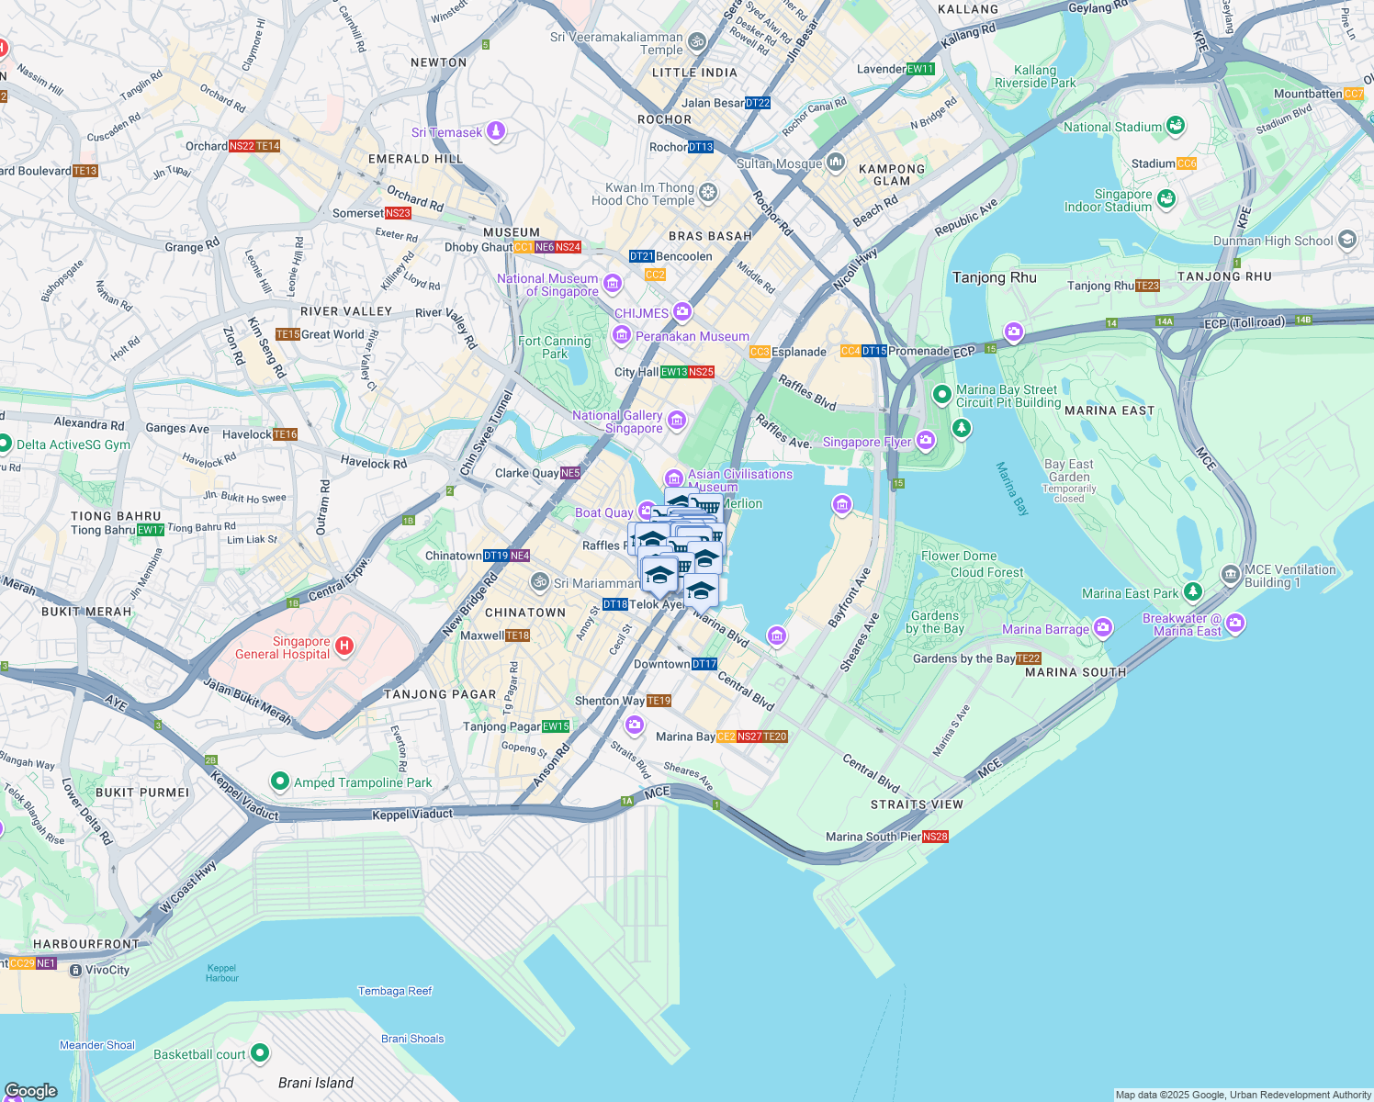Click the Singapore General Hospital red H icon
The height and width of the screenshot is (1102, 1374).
click(x=344, y=647)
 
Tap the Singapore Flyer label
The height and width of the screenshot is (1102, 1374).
click(x=866, y=443)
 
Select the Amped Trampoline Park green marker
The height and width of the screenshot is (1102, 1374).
click(x=280, y=782)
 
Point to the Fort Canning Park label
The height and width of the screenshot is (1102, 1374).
click(x=555, y=347)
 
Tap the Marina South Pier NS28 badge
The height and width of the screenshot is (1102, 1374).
click(x=935, y=837)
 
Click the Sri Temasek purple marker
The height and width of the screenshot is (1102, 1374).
click(x=496, y=131)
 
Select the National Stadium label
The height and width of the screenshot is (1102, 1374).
click(x=1112, y=127)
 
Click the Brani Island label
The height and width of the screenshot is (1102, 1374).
click(x=315, y=1083)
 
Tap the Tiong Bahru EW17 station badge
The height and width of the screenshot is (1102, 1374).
click(x=151, y=530)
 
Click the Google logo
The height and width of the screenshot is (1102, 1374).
click(x=30, y=1091)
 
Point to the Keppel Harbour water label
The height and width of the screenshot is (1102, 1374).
click(x=221, y=973)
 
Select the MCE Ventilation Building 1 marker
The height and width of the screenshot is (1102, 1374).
click(x=1231, y=575)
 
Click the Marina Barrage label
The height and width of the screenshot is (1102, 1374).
click(x=1045, y=629)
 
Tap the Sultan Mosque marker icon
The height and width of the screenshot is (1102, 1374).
click(x=835, y=163)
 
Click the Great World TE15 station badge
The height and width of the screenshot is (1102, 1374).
click(x=287, y=334)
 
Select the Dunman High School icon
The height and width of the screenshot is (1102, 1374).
click(x=1347, y=240)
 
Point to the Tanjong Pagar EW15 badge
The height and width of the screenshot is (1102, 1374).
click(x=556, y=726)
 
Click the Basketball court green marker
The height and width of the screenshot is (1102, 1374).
click(x=260, y=1053)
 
